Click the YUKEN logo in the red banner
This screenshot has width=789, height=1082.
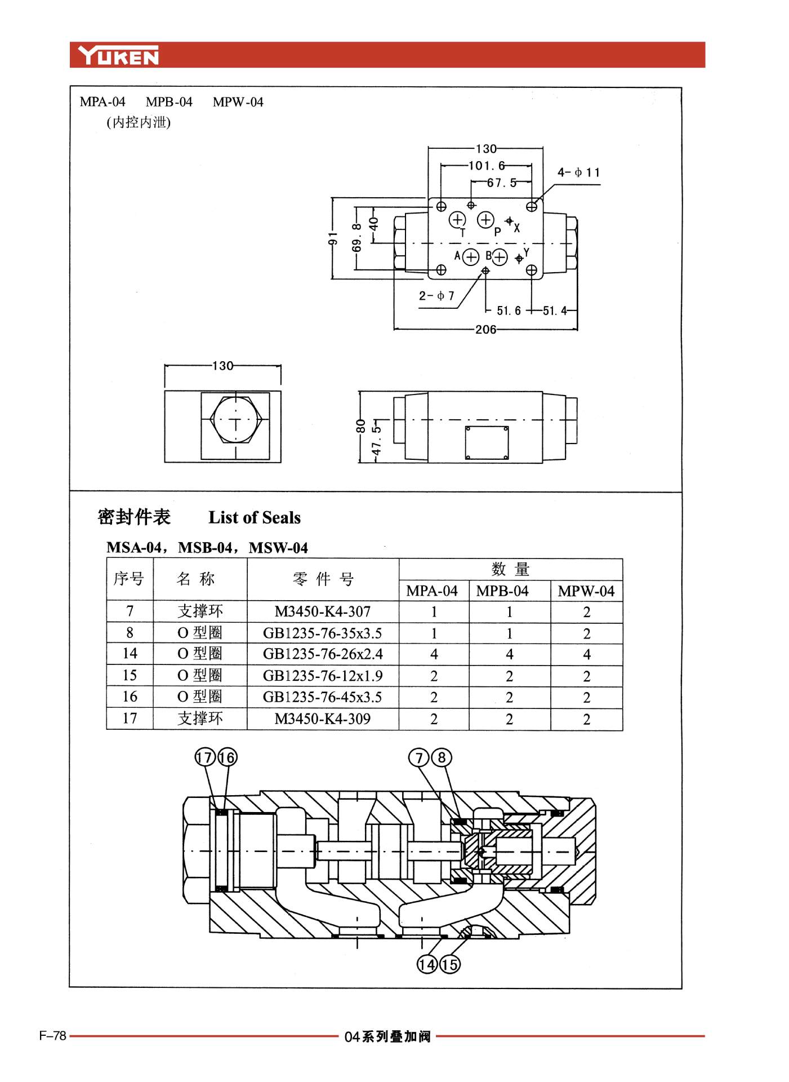(118, 56)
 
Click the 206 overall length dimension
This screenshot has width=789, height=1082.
(485, 330)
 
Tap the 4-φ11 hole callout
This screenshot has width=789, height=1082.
(578, 172)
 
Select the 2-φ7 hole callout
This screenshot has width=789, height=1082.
(436, 296)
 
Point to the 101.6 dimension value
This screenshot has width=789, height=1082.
(487, 166)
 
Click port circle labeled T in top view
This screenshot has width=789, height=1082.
(457, 219)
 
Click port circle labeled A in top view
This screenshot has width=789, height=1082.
(471, 257)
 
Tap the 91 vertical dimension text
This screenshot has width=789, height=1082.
(333, 238)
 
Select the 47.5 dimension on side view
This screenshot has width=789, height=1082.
(376, 440)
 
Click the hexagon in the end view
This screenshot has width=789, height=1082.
(235, 419)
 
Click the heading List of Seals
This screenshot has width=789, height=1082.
(255, 517)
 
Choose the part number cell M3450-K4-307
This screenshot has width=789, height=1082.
(323, 611)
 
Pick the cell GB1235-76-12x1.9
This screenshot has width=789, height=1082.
(323, 676)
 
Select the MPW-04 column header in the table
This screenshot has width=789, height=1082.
(586, 591)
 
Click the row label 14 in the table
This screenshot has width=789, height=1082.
(130, 654)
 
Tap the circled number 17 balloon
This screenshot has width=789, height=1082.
(205, 757)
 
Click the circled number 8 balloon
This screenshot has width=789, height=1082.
(442, 757)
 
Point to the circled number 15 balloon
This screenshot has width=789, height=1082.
(449, 965)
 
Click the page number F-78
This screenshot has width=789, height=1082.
(53, 1036)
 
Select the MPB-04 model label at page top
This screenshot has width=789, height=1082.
(169, 102)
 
